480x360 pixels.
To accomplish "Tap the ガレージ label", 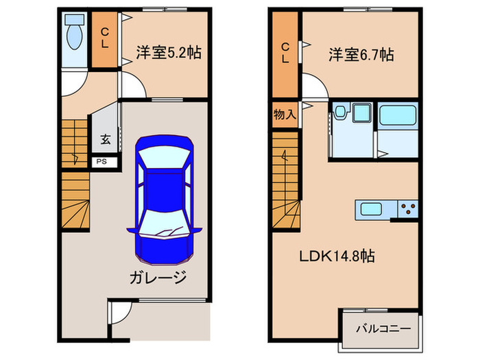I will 157,277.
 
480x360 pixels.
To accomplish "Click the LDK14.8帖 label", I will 336,256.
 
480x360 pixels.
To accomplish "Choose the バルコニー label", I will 383,328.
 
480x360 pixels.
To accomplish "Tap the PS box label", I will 101,163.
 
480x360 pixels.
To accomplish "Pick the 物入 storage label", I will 284,114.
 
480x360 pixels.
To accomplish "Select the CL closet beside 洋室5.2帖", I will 106,39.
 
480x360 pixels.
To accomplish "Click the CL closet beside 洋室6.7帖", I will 284,52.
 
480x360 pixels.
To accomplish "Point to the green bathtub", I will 398,117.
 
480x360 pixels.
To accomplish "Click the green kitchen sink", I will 371,208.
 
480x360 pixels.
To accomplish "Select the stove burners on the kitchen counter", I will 407,208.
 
